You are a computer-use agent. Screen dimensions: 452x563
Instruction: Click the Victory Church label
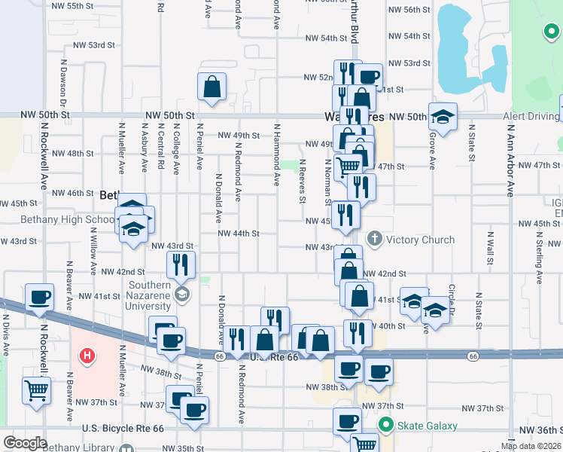[421, 240]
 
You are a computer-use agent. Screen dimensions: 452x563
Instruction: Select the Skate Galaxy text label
[428, 426]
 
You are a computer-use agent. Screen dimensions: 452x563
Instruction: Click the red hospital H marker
[88, 355]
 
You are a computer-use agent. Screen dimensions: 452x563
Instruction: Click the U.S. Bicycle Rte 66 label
[123, 429]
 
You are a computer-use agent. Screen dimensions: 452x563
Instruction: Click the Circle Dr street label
[452, 300]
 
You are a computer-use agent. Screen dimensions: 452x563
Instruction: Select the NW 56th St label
[409, 11]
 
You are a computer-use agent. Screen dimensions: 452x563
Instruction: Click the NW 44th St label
[239, 234]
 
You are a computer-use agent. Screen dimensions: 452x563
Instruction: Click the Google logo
[25, 443]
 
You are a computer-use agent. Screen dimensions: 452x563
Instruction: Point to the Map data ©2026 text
[531, 446]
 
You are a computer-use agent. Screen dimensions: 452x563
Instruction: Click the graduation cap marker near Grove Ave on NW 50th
[443, 117]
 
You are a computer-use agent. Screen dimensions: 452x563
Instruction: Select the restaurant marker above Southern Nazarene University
[181, 264]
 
